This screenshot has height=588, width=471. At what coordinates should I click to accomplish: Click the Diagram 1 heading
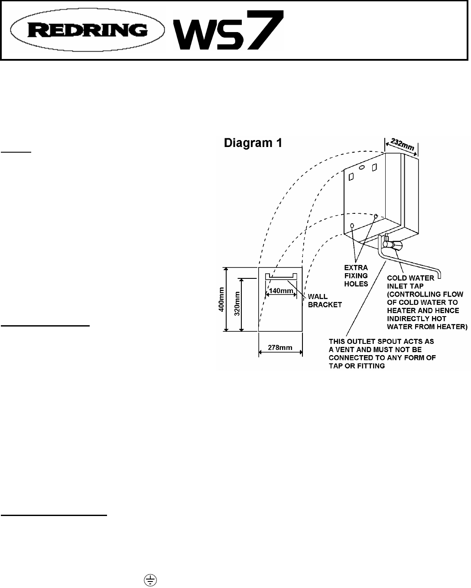tap(253, 143)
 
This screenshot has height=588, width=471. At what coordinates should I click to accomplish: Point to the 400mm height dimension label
tap(222, 299)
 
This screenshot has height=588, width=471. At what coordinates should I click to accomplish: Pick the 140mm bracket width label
tap(280, 291)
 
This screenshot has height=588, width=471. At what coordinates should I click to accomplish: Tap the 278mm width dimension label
tap(280, 347)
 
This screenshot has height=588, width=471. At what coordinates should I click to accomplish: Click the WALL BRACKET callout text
tap(324, 301)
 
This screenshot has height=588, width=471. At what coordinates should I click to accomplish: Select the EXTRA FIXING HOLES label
tap(356, 275)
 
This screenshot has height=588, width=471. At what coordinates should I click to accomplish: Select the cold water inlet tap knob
tap(398, 246)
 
